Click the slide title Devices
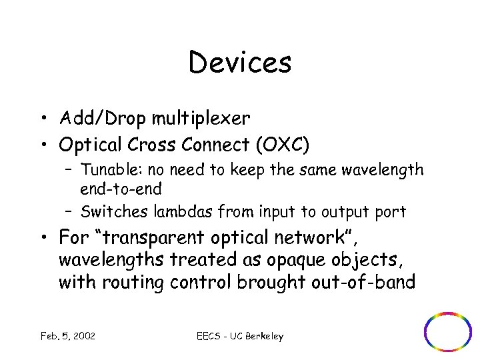tap(240, 63)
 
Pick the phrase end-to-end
tap(121, 189)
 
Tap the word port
tap(389, 213)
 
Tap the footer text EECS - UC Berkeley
tap(240, 336)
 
